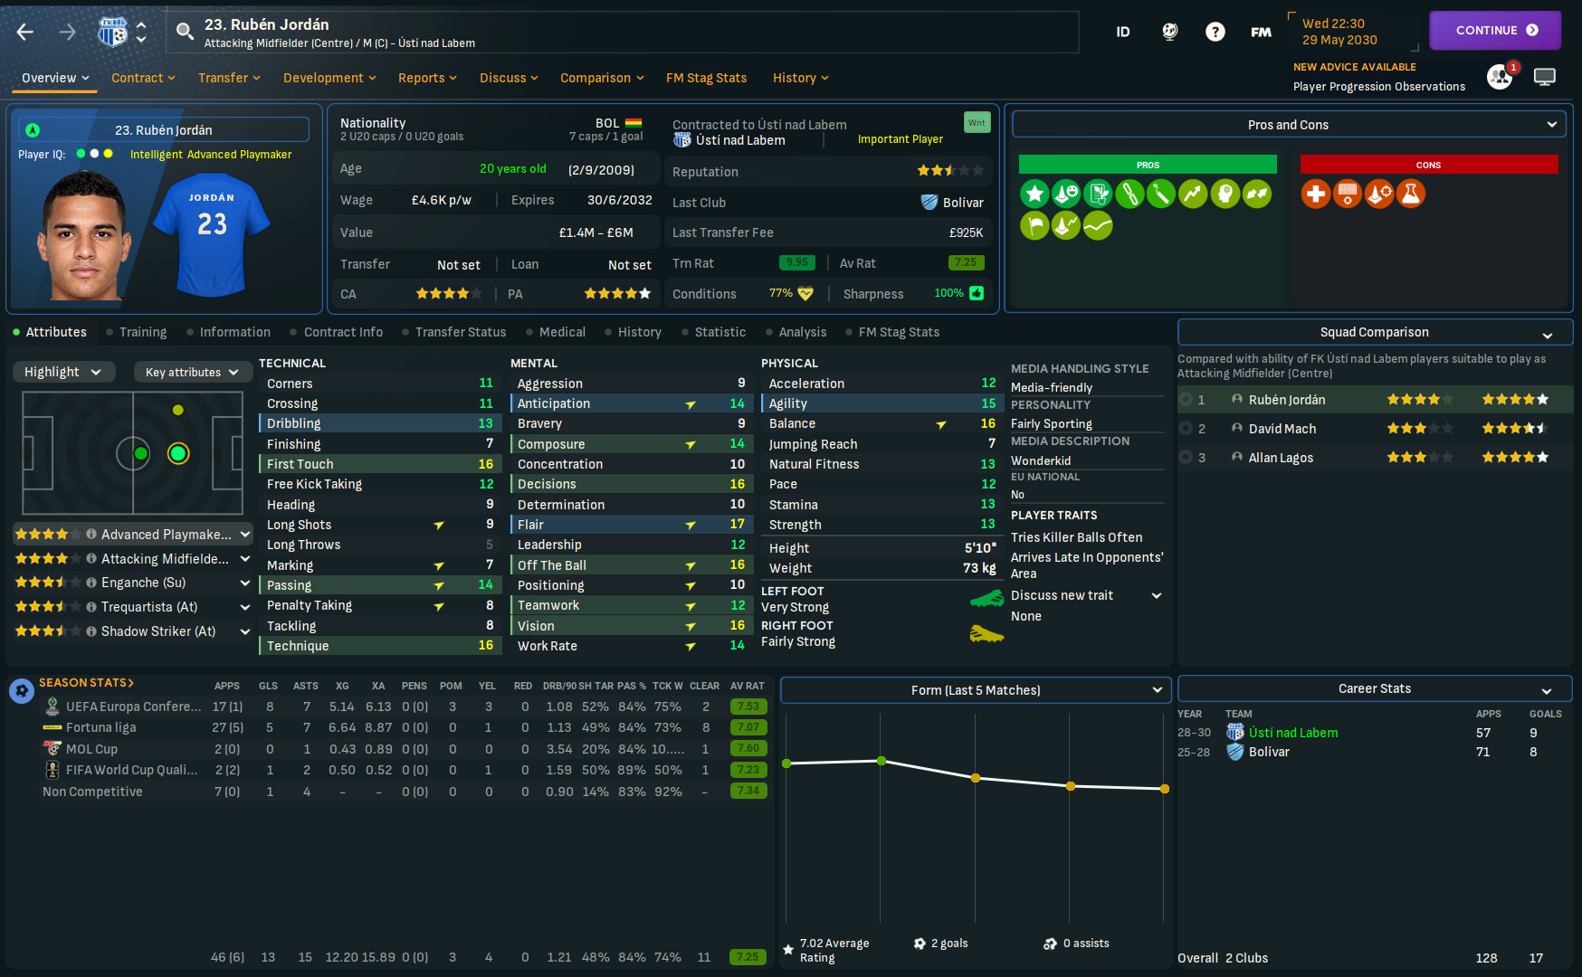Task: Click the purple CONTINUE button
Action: point(1494,31)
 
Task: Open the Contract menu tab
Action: point(143,78)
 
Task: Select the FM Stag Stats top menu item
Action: point(706,78)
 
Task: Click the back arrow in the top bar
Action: point(25,33)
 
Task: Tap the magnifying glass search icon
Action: point(185,33)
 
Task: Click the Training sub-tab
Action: point(142,332)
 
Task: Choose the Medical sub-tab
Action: point(562,332)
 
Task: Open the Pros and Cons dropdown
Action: point(1288,125)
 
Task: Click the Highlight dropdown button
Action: point(63,372)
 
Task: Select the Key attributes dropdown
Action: point(191,372)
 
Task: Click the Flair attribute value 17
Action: point(737,525)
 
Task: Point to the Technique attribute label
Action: point(298,646)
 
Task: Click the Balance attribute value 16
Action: point(987,423)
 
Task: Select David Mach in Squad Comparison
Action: point(1282,429)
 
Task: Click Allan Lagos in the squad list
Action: point(1280,458)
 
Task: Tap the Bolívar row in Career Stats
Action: point(1269,752)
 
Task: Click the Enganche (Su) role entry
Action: point(143,583)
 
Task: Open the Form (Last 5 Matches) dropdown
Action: point(976,690)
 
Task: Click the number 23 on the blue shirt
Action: point(213,224)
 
